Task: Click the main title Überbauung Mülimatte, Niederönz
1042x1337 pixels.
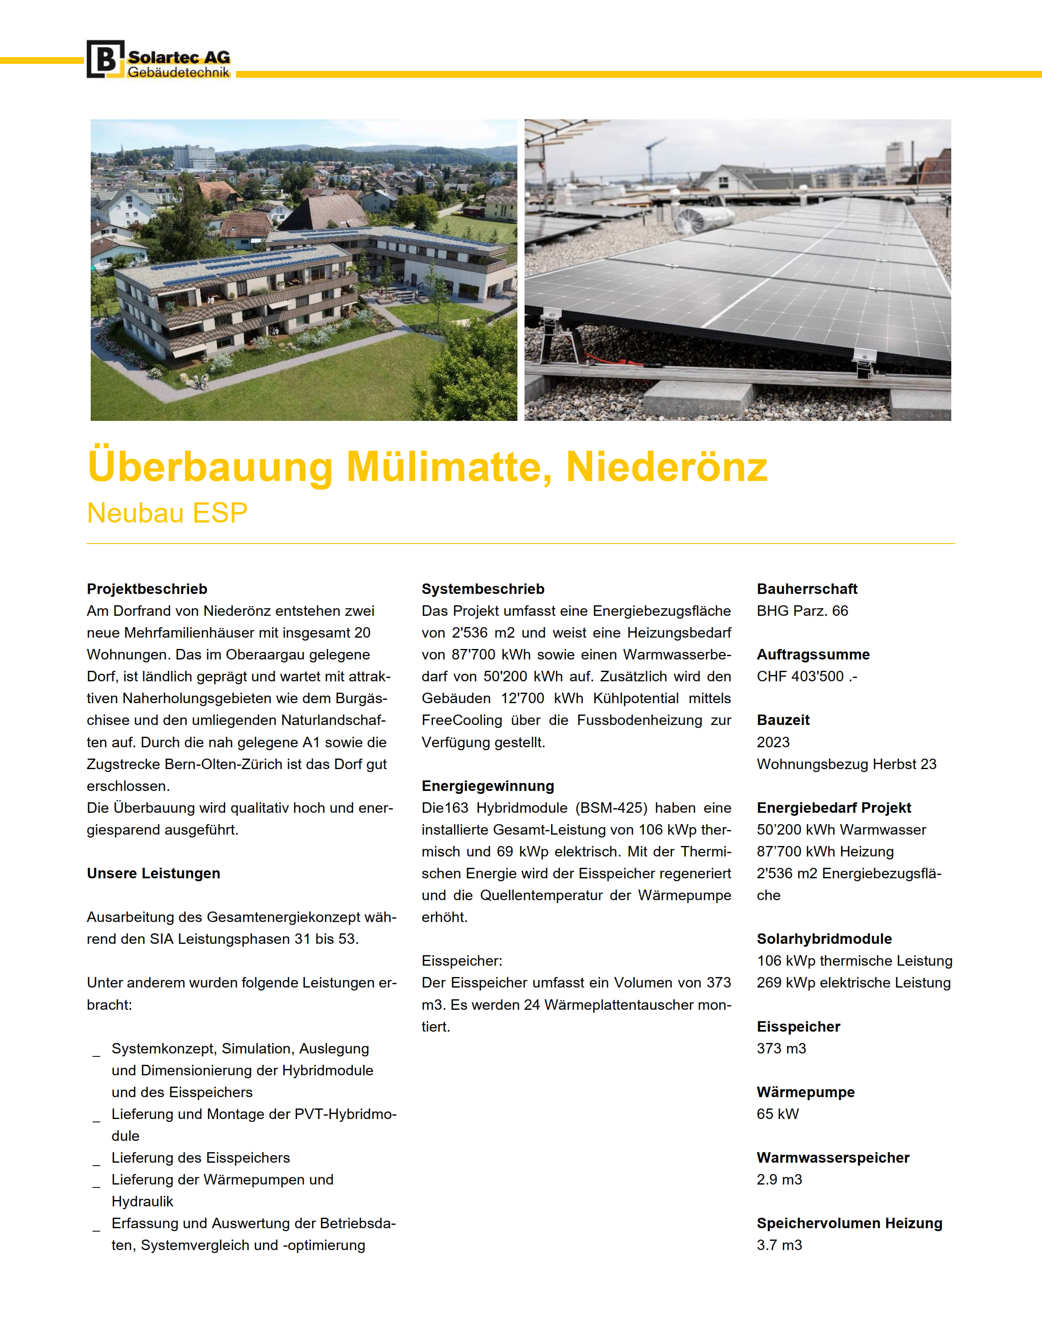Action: (427, 467)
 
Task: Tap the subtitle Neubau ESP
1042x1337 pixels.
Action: (167, 513)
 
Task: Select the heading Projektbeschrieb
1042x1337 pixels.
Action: (147, 589)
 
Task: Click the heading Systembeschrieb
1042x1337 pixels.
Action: (483, 589)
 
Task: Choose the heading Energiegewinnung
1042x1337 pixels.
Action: (487, 786)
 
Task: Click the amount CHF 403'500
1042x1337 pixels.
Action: (806, 676)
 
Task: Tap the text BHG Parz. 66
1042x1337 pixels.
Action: (802, 611)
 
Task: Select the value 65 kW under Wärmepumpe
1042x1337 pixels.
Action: (777, 1114)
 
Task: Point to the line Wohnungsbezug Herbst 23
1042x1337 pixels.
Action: (846, 764)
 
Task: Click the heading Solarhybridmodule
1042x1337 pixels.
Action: (824, 939)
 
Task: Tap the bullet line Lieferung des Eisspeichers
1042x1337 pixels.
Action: (200, 1158)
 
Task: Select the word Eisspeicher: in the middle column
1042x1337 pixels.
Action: (462, 961)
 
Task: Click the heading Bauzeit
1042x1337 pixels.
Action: (783, 720)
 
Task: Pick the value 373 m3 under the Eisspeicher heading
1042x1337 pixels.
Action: (781, 1049)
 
